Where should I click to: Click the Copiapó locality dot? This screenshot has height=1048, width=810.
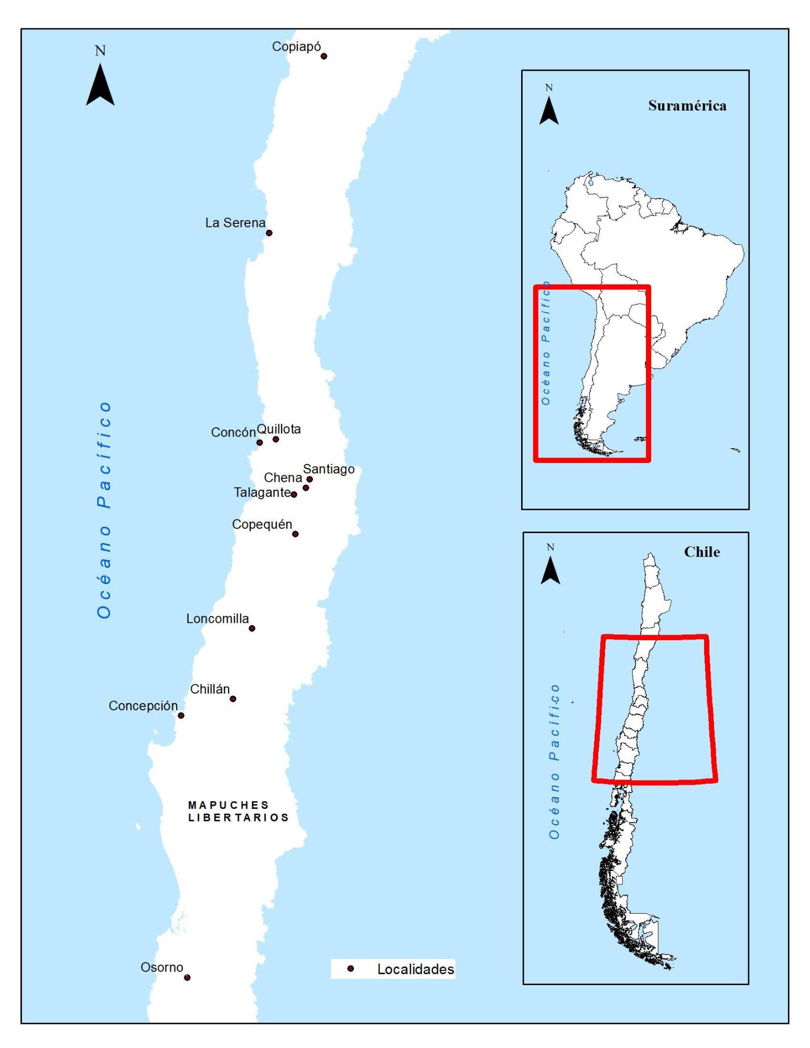(x=323, y=56)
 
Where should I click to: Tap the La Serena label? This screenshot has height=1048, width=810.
(x=235, y=223)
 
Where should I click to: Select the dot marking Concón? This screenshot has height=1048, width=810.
(x=260, y=442)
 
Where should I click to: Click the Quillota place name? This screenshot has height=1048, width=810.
(x=278, y=429)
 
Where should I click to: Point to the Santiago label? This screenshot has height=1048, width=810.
(x=329, y=469)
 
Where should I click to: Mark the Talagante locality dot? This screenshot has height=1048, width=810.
(x=294, y=494)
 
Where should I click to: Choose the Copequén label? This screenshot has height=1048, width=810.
(x=262, y=524)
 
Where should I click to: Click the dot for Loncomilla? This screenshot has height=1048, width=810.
(x=252, y=628)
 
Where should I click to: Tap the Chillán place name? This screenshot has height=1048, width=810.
(x=210, y=689)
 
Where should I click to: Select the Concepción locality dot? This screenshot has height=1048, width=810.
(x=181, y=715)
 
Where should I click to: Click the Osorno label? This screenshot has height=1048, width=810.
(x=161, y=967)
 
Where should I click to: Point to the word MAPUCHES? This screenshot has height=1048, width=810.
(x=228, y=805)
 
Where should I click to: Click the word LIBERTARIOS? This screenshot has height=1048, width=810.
(x=238, y=817)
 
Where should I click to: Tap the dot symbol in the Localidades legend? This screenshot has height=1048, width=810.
(x=351, y=969)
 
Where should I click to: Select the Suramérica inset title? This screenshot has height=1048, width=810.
(x=687, y=105)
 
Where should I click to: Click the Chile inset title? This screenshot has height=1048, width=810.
(x=701, y=552)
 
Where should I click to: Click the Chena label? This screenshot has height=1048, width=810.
(x=283, y=478)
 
